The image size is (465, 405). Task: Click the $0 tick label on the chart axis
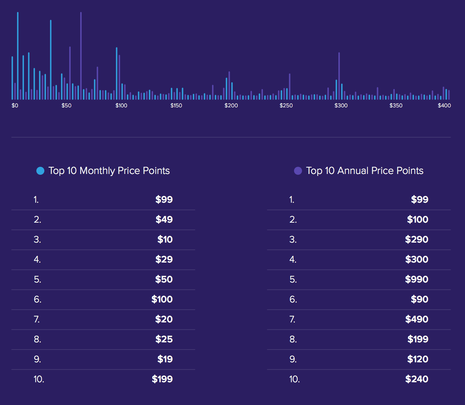click(x=15, y=106)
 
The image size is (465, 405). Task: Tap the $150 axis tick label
click(x=176, y=106)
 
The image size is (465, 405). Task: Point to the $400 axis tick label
click(x=444, y=106)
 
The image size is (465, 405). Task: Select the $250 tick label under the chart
click(x=286, y=106)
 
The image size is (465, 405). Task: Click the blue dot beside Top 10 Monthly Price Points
click(x=40, y=171)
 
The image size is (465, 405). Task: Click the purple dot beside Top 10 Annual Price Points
click(x=298, y=171)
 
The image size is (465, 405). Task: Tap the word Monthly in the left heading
click(x=97, y=171)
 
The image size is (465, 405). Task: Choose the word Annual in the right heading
click(x=353, y=171)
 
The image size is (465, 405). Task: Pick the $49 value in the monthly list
click(x=164, y=219)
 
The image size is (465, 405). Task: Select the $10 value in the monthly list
click(x=165, y=239)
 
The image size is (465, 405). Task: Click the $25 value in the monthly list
click(x=164, y=339)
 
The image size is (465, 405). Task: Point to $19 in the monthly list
click(x=165, y=359)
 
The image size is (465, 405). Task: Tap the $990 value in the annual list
click(x=417, y=279)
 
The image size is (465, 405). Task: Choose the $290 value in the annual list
click(x=417, y=239)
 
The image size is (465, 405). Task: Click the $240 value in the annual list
click(x=417, y=379)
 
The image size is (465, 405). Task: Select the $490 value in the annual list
click(x=417, y=319)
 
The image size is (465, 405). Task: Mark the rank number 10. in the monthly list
click(x=39, y=379)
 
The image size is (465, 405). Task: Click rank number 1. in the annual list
click(x=292, y=200)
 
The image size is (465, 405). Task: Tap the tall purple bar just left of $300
click(x=339, y=76)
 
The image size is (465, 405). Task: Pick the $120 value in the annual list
click(x=417, y=359)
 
